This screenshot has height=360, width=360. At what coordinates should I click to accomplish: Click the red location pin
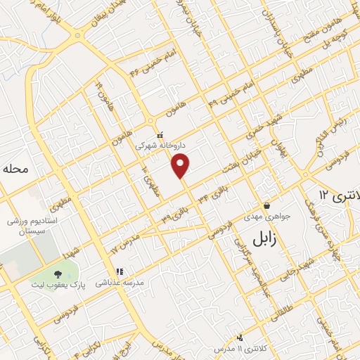(x=181, y=166)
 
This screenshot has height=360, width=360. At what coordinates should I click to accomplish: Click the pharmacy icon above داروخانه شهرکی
(x=160, y=134)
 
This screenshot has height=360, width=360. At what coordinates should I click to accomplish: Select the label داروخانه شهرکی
(x=161, y=146)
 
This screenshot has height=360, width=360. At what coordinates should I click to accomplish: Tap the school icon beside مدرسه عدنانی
(x=120, y=271)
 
